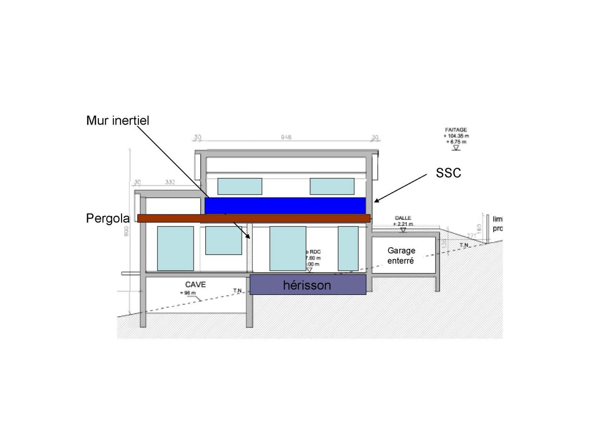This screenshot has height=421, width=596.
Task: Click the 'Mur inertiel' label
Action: click(x=117, y=120)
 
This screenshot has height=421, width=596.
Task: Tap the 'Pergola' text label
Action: click(x=108, y=218)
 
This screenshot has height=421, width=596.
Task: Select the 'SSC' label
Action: click(x=448, y=173)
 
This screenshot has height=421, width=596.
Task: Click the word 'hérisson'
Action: click(x=307, y=285)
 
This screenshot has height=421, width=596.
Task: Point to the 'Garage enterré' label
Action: click(x=401, y=255)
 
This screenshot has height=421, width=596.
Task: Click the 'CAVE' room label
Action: click(x=196, y=284)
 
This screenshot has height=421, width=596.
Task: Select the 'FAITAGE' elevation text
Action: click(x=456, y=130)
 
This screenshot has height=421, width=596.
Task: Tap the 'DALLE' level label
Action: click(x=403, y=218)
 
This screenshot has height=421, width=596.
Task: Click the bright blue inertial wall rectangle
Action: click(x=284, y=205)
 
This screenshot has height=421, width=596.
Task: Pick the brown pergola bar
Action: click(x=254, y=218)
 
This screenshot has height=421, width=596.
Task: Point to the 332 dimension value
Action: click(x=170, y=182)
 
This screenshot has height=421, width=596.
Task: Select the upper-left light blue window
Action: click(x=240, y=186)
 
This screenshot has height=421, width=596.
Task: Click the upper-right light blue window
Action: click(x=332, y=186)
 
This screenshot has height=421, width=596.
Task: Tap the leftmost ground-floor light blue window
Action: click(x=176, y=248)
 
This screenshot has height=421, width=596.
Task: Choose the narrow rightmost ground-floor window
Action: click(x=348, y=248)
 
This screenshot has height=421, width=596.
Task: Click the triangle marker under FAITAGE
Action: click(x=456, y=148)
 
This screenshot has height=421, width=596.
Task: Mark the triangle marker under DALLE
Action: click(x=403, y=229)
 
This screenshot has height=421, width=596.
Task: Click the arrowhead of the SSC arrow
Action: click(x=376, y=201)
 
